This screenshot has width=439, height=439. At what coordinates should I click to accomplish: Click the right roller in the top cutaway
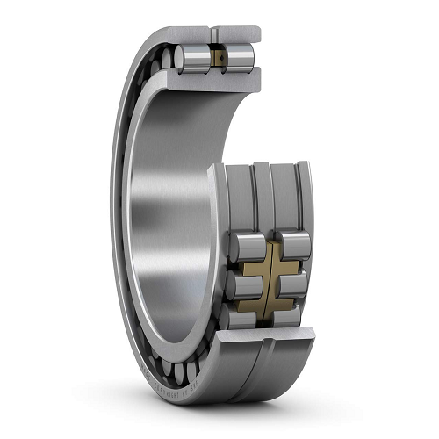coord(240,59)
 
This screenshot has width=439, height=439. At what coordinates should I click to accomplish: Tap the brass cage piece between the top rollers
coord(217,59)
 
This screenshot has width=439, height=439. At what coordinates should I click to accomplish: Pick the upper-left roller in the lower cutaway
coord(244,242)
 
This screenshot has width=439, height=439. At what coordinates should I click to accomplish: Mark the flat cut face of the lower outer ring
coord(263,335)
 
